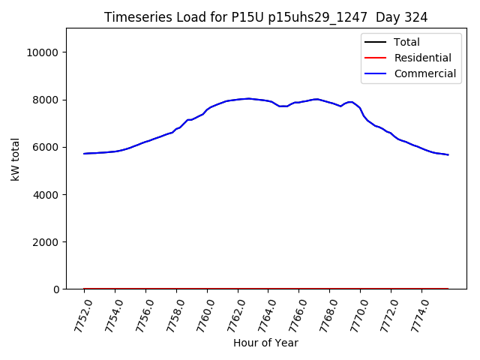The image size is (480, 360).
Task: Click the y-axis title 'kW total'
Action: tap(15, 159)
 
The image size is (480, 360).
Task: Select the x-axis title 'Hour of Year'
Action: tap(265, 343)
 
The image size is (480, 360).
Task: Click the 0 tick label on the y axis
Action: tap(57, 289)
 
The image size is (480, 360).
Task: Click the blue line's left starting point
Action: tap(84, 153)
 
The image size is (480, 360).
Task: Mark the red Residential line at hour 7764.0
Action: tap(268, 288)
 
